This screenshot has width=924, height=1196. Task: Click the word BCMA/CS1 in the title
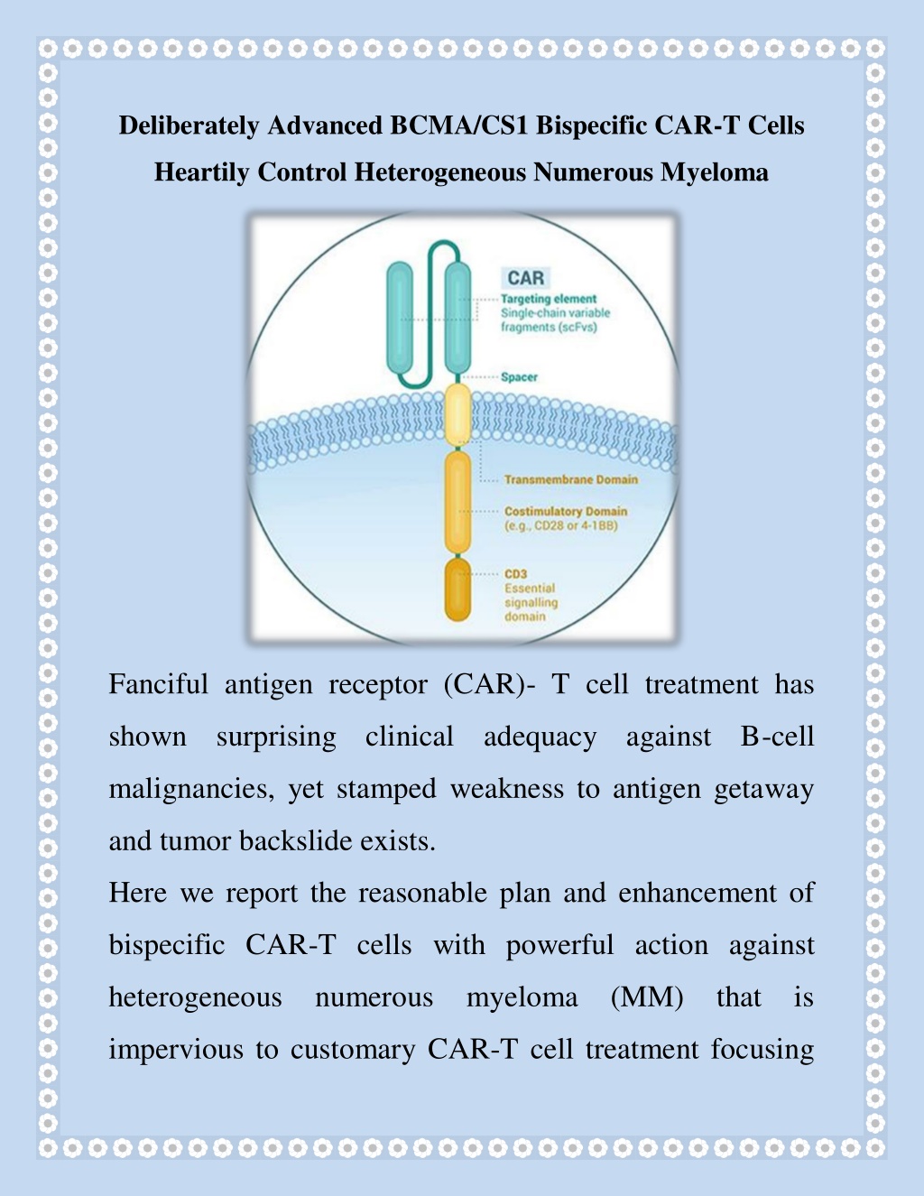(459, 125)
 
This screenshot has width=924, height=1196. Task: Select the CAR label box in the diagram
(526, 278)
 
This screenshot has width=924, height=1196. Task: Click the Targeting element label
(549, 299)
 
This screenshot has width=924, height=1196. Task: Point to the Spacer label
(519, 377)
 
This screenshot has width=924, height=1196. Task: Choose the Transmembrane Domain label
(571, 479)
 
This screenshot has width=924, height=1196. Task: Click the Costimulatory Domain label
(566, 511)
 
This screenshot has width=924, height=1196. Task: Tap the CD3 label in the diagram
(515, 574)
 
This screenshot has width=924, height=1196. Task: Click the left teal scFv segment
(400, 318)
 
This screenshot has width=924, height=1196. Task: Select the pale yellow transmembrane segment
(457, 414)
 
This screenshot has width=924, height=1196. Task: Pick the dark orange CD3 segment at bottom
(457, 590)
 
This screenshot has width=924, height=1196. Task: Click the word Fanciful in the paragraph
(159, 684)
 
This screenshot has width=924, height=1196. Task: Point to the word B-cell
(777, 737)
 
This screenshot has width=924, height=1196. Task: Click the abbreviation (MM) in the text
(647, 997)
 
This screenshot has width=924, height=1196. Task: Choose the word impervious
(175, 1050)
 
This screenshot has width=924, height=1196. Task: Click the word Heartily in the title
(201, 172)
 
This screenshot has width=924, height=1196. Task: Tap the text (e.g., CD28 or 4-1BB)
(561, 525)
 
